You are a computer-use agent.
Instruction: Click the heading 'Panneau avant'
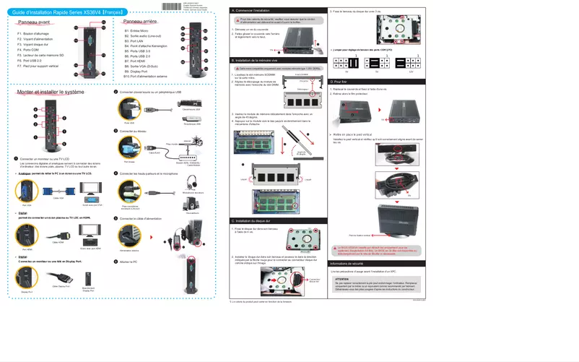coord(34,23)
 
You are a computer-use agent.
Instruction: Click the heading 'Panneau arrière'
coord(140,22)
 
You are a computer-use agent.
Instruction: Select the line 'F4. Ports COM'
coord(28,49)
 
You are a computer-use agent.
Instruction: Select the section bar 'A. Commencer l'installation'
coord(275,11)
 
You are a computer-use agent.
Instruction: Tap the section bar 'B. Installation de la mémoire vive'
coord(275,60)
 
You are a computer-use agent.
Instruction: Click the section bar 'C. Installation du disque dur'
coord(275,220)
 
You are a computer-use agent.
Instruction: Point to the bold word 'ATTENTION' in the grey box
coord(342,277)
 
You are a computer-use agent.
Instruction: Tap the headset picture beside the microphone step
coord(192,184)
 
